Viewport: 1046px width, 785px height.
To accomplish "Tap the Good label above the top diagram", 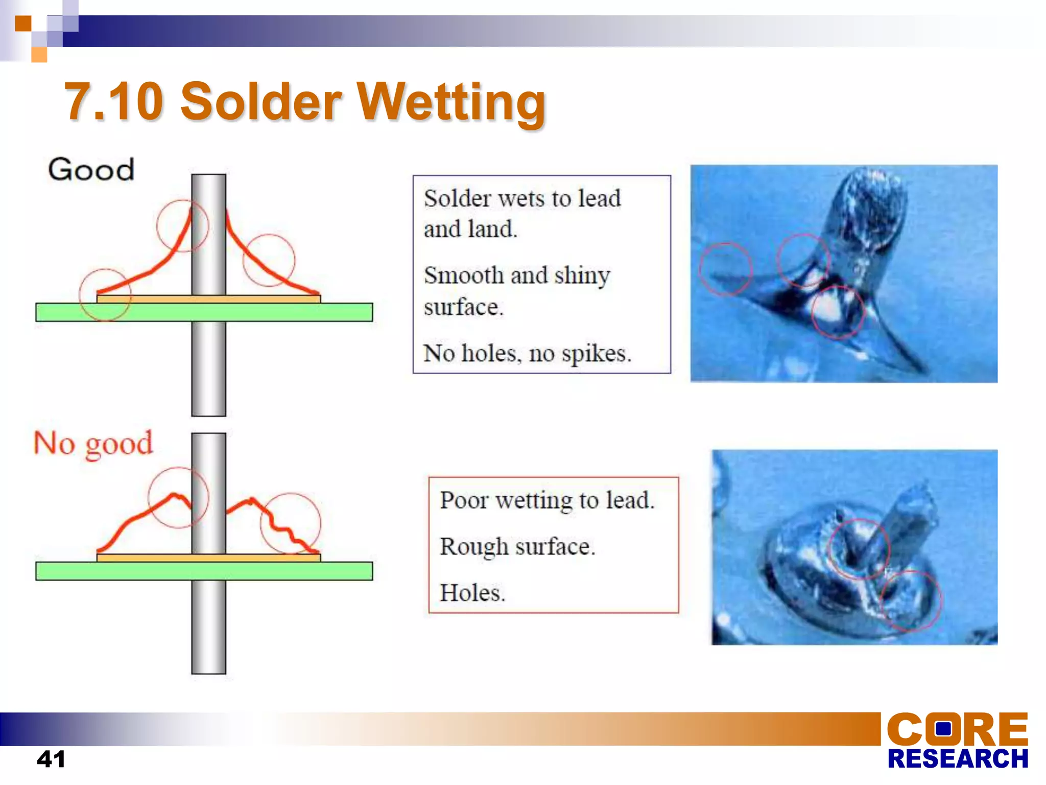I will pos(91,170).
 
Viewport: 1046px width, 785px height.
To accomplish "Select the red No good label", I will pos(93,443).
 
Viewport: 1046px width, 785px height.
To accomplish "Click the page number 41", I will pos(51,759).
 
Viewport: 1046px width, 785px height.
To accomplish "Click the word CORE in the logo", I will pos(957,729).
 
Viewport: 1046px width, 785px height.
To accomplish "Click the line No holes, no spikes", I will pos(527,353).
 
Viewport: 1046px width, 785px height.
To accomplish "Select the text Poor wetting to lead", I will pos(546,500).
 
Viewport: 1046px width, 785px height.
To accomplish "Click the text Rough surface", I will pos(517,546).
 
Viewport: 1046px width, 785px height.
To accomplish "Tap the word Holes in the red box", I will pos(471,593).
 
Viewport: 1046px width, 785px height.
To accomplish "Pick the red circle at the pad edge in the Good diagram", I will pos(105,295).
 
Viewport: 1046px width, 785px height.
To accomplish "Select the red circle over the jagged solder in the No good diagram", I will pos(291,523).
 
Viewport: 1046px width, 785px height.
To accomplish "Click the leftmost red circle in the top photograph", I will pos(725,269).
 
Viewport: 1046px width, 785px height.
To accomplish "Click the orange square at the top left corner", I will pos(23,24).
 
